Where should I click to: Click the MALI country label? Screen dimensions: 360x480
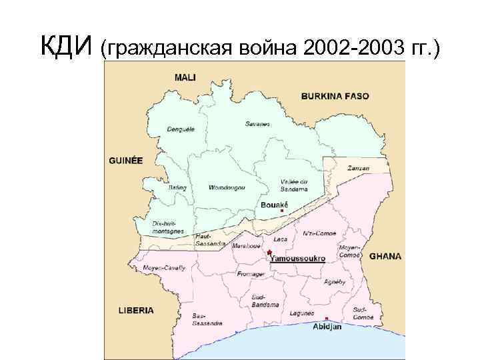tap(185, 77)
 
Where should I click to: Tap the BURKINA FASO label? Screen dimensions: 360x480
tap(335, 96)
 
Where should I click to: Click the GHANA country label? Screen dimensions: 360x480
tap(385, 256)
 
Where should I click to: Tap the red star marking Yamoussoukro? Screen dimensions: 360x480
tap(269, 253)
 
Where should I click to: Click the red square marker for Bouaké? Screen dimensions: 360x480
tap(283, 211)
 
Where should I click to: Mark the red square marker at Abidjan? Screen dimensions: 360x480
tap(327, 319)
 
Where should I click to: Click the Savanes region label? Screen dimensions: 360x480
tap(258, 123)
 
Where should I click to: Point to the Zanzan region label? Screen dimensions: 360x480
tap(358, 168)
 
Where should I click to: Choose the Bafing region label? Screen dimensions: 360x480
tap(177, 188)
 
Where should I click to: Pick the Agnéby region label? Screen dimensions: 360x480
tap(334, 281)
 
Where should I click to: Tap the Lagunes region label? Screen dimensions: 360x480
tap(302, 313)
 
